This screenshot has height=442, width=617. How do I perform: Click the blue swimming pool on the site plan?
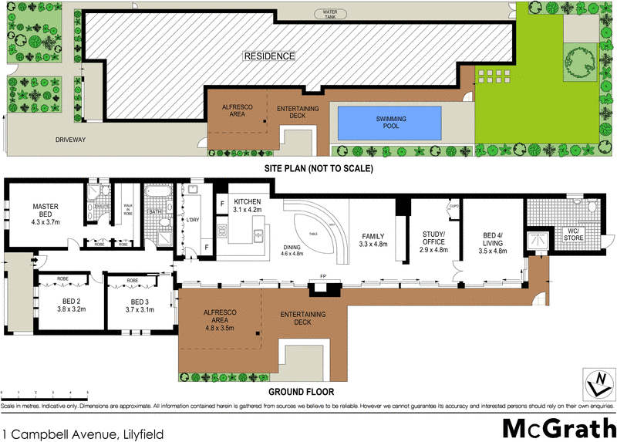coord(392,123)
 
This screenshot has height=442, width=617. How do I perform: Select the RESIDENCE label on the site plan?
coord(269,56)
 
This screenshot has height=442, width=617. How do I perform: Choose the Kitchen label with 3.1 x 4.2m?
coord(248,204)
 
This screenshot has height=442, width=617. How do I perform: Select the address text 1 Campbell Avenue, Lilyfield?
coord(83,434)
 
